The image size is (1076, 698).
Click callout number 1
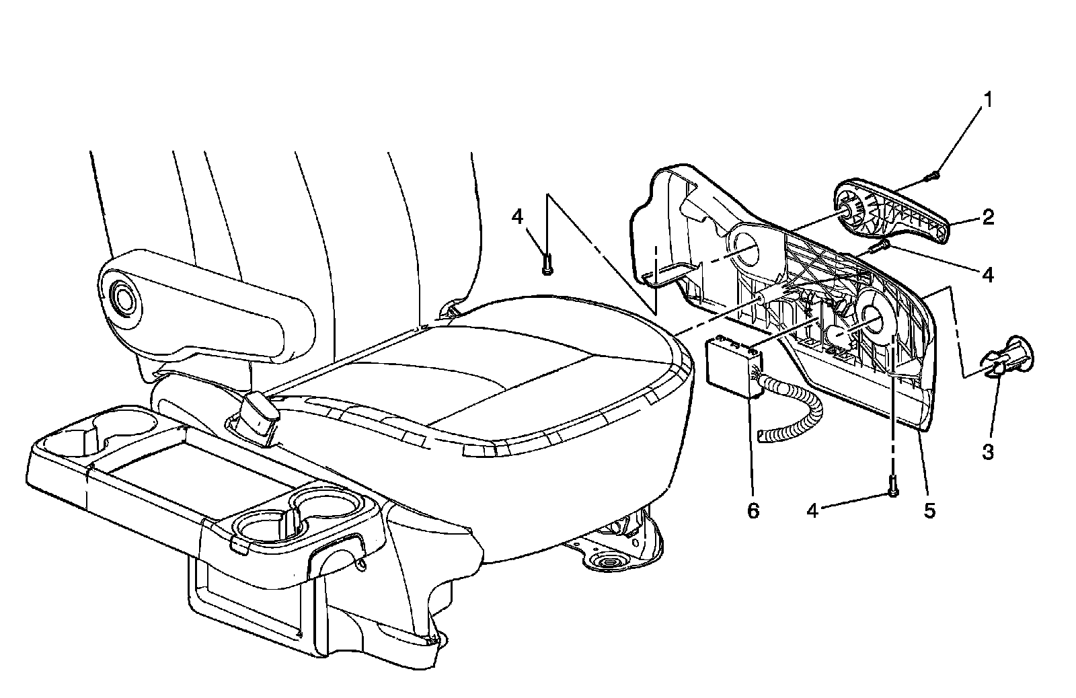[987, 101]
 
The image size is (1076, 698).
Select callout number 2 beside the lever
[987, 217]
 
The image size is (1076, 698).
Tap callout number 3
[987, 451]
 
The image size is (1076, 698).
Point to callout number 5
[928, 510]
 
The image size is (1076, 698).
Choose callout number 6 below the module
[753, 510]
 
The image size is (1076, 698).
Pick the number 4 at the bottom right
[812, 511]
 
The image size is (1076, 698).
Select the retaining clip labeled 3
[1009, 356]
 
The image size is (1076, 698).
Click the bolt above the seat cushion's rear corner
[547, 264]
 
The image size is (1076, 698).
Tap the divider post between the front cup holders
[291, 521]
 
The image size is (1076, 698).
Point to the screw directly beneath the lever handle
[878, 247]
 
